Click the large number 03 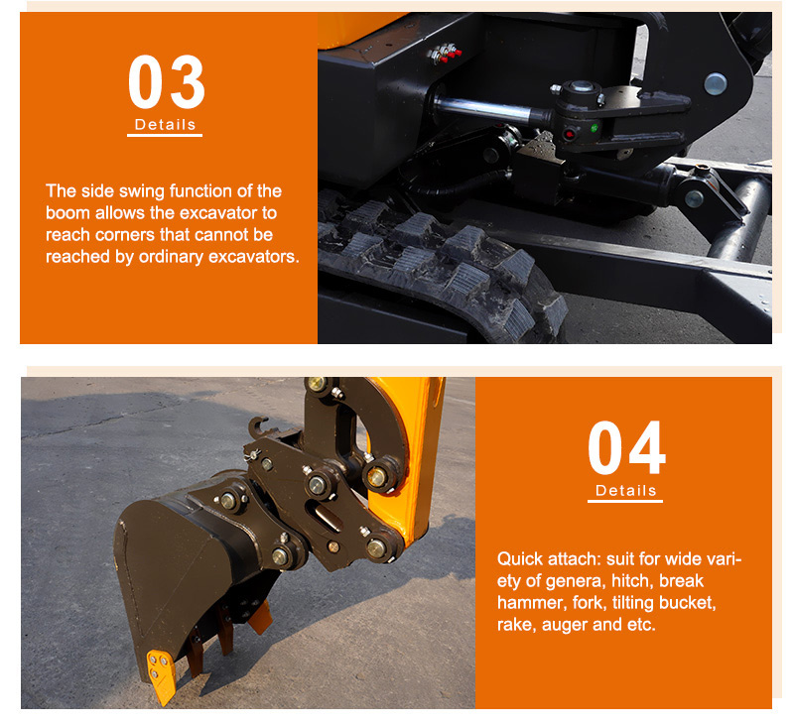point(166,81)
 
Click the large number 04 point(626,447)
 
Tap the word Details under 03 point(165,124)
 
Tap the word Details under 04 point(626,490)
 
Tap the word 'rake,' point(517,625)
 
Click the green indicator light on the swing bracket point(595,128)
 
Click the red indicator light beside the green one point(570,134)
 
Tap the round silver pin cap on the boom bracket point(715,84)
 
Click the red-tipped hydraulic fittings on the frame point(445,54)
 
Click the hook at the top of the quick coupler point(259,428)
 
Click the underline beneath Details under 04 point(625,502)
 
